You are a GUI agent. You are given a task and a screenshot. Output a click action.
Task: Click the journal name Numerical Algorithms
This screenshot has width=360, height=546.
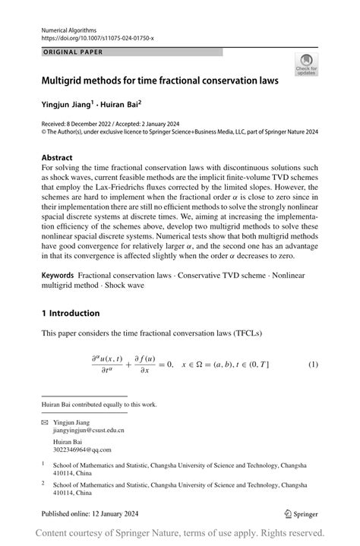click(72, 27)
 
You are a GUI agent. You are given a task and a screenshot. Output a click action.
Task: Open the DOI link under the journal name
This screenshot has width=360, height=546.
click(95, 36)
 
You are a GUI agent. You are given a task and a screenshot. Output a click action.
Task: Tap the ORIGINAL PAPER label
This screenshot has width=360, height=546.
click(72, 52)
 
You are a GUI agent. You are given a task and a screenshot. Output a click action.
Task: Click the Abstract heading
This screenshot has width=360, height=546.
click(57, 158)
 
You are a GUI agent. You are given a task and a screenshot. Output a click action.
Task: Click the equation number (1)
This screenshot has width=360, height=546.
click(312, 365)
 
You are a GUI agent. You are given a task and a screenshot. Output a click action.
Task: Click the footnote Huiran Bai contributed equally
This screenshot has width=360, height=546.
click(99, 405)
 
